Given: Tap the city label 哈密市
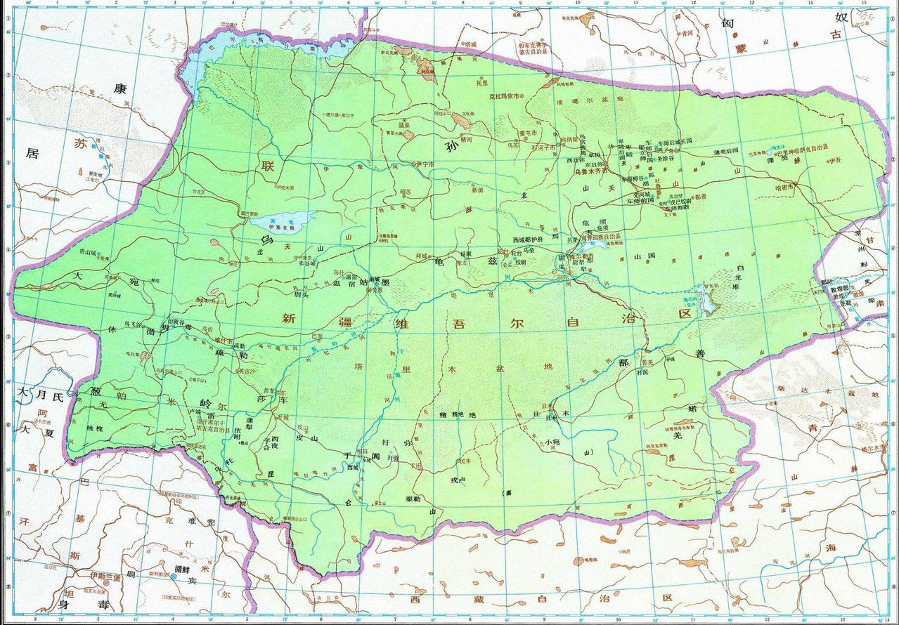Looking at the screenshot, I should (783, 187).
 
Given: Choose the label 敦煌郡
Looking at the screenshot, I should (834, 289).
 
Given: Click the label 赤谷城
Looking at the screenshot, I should (304, 264).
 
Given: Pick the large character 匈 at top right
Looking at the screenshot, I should (728, 22).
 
